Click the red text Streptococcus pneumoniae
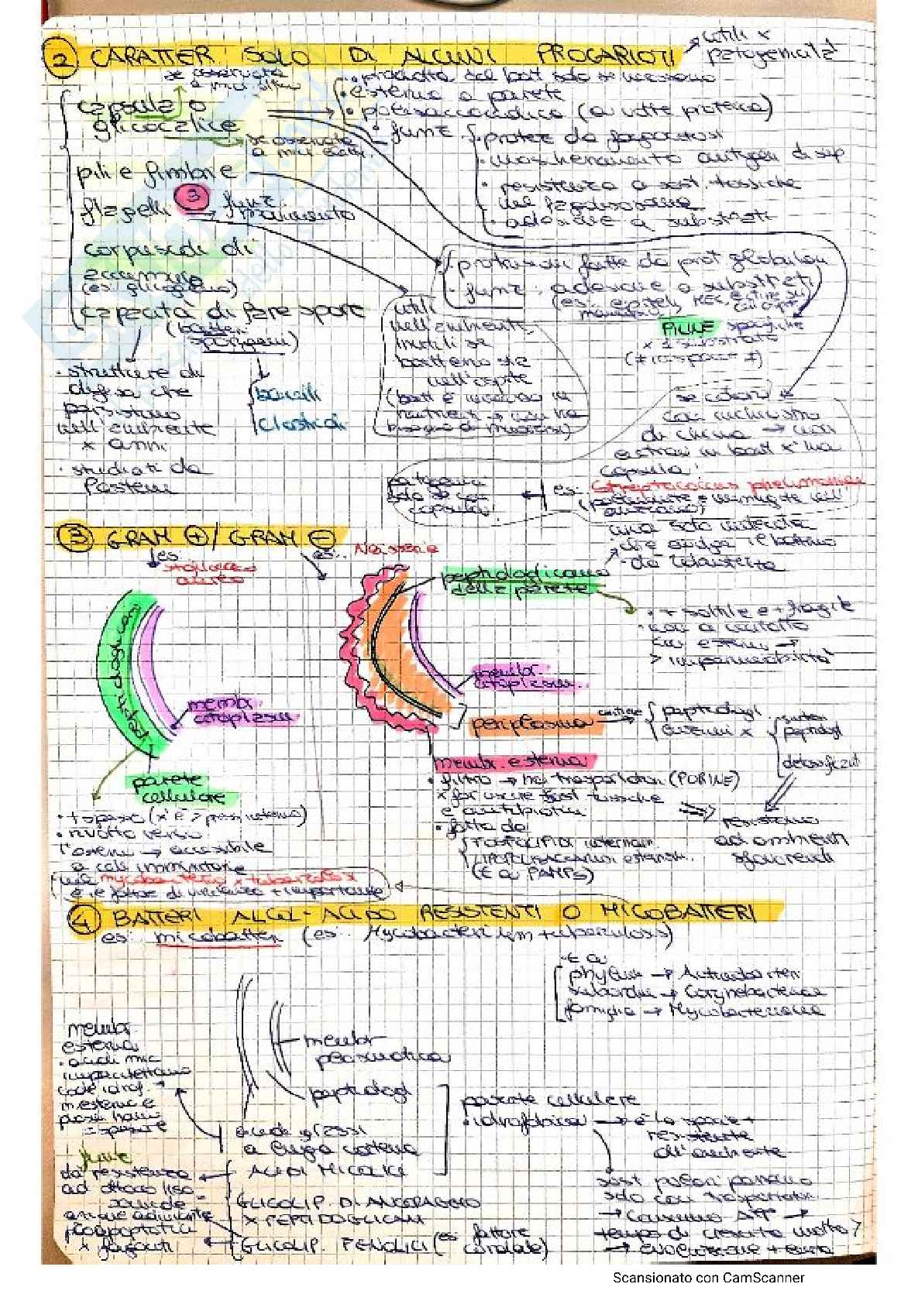click(x=727, y=486)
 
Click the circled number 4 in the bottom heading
click(x=81, y=919)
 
